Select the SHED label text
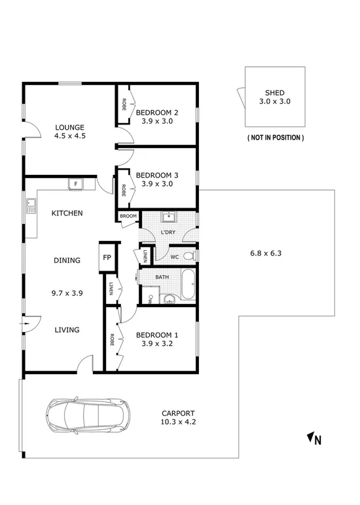[274, 93]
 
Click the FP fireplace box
[107, 257]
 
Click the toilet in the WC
[189, 255]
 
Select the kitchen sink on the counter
[30, 208]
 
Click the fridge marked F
[75, 184]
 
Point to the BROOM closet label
[128, 216]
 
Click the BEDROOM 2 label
[157, 112]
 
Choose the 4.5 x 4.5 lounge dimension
[70, 136]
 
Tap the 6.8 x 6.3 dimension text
[266, 253]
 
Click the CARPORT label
[178, 413]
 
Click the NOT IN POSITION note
[275, 138]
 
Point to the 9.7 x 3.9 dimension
[67, 293]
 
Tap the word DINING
[67, 260]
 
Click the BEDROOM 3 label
[157, 175]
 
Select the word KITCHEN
[67, 213]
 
